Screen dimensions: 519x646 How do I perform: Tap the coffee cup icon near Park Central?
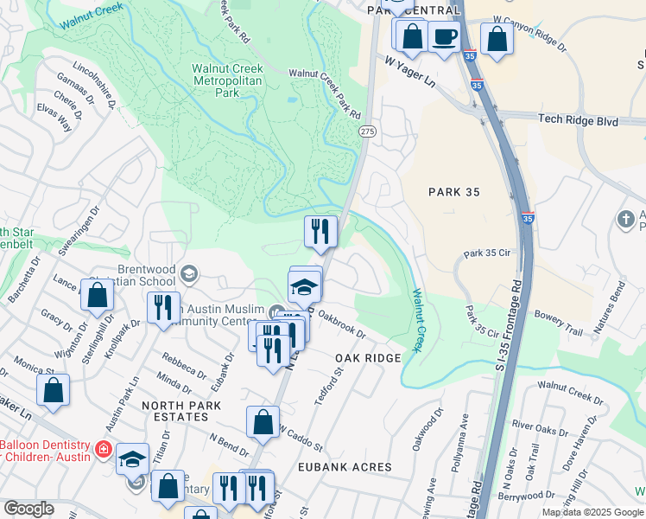click(x=445, y=37)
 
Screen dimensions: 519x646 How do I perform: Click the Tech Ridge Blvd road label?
click(x=578, y=121)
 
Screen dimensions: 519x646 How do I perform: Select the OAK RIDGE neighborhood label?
click(x=368, y=358)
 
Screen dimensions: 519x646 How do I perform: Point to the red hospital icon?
click(x=103, y=449)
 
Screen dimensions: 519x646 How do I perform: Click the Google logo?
click(x=28, y=509)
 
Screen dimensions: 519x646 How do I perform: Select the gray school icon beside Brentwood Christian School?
click(x=187, y=275)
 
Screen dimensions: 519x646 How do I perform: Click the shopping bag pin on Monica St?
click(x=54, y=389)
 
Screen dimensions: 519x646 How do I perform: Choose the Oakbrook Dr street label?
click(x=341, y=327)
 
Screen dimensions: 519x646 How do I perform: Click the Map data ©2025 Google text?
click(x=592, y=512)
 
